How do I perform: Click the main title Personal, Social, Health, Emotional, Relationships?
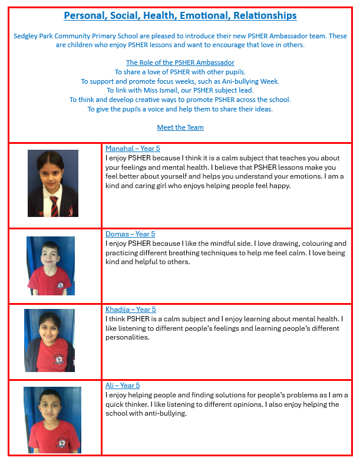[180, 16]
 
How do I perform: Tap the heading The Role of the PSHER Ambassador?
[180, 62]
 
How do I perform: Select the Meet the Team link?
[180, 127]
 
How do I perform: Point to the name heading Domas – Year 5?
[130, 234]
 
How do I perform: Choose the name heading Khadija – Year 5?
[130, 310]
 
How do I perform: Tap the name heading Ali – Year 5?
[123, 386]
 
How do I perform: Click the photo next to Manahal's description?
[53, 183]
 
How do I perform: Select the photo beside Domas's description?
[51, 265]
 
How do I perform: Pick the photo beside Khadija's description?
[49, 340]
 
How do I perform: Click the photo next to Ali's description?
[52, 420]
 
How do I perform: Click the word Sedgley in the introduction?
[27, 36]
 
